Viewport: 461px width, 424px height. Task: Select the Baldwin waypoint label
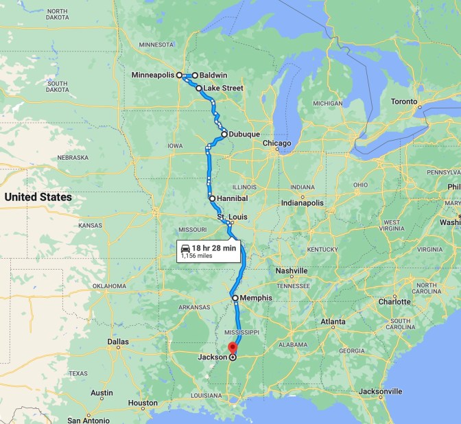pyautogui.click(x=213, y=75)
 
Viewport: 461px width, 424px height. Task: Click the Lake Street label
pyautogui.click(x=223, y=89)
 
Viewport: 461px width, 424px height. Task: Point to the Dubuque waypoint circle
pyautogui.click(x=224, y=134)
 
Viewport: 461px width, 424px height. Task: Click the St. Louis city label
pyautogui.click(x=231, y=217)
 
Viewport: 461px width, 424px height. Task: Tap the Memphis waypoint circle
pyautogui.click(x=235, y=298)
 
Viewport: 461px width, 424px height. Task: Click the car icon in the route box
pyautogui.click(x=185, y=248)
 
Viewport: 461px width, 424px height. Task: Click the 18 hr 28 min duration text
pyautogui.click(x=214, y=248)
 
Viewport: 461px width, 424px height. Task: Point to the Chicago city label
pyautogui.click(x=276, y=143)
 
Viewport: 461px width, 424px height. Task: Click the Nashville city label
pyautogui.click(x=292, y=271)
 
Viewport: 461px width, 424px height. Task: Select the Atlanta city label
pyautogui.click(x=333, y=321)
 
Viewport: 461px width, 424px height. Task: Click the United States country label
pyautogui.click(x=38, y=198)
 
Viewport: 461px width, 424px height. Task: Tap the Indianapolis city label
pyautogui.click(x=302, y=203)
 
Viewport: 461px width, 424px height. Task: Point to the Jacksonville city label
pyautogui.click(x=380, y=391)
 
